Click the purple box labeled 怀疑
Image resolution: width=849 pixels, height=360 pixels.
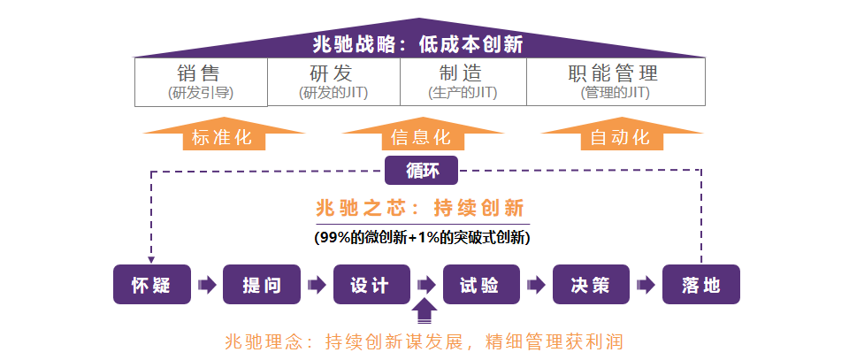pos(151,285)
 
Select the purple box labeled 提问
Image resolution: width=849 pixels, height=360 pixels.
pos(262,285)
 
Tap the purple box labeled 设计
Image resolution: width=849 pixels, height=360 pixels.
pos(371,285)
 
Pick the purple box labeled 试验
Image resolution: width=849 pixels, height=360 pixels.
pos(481,285)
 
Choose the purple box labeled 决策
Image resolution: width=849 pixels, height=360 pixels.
pos(591,285)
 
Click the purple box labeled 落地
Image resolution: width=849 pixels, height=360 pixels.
pos(700,285)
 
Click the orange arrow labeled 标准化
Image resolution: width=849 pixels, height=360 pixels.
pos(222,138)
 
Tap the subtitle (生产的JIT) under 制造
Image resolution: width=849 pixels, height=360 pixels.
pos(463,92)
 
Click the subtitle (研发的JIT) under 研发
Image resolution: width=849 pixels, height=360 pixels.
pos(333,92)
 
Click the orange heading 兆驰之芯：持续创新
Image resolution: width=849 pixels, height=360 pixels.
pos(420,209)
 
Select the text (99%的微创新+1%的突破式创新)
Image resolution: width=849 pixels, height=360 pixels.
pos(422,237)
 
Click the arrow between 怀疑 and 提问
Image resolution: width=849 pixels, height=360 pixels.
pos(207,285)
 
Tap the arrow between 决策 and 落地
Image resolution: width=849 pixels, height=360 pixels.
pos(646,285)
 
